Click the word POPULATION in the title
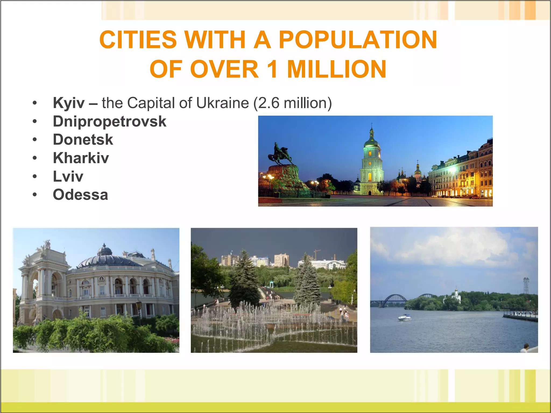pos(358,40)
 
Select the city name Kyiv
pos(69,103)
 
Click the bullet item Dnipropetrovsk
pos(110,121)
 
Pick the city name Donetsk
pos(83,140)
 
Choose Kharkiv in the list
pos(81,158)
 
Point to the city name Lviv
pos(68,176)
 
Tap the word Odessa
pos(80,195)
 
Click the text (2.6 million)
pos(292,103)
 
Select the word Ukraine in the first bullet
pos(222,103)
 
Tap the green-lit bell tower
pos(371,161)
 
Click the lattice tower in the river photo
pos(526,286)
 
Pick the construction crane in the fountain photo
pos(316,254)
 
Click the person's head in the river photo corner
pos(526,346)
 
